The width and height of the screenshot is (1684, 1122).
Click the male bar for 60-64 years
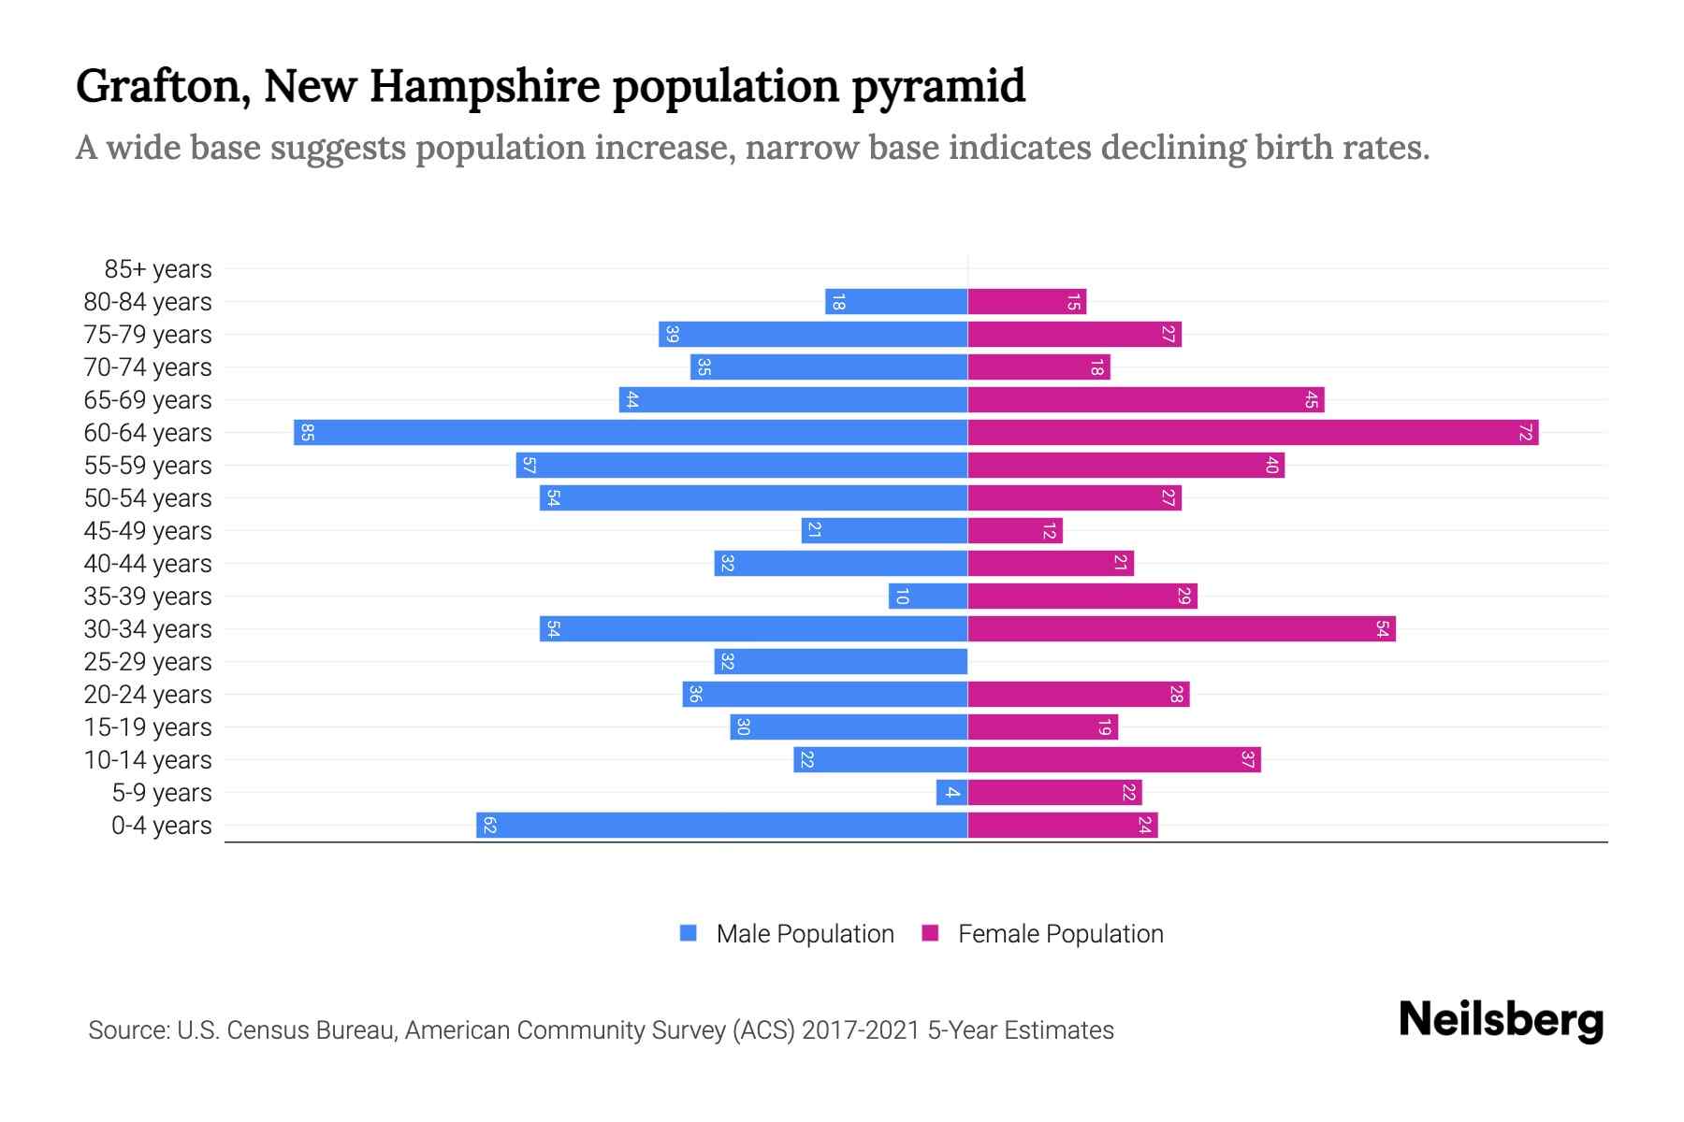[631, 432]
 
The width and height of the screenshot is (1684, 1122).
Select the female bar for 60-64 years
[1253, 432]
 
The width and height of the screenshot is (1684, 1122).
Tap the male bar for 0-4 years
[721, 825]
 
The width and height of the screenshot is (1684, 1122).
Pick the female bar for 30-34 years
[1181, 628]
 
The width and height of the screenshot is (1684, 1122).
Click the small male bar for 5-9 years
[951, 792]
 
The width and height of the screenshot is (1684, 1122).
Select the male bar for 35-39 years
[928, 596]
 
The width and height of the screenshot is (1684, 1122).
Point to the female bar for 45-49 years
[1014, 530]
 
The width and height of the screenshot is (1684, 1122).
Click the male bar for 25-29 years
[840, 661]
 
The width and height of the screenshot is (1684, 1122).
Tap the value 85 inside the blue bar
[307, 432]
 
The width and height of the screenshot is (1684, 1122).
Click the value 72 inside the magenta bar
[1525, 432]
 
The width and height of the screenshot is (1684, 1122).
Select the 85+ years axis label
[158, 269]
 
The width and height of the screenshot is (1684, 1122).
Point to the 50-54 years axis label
[148, 498]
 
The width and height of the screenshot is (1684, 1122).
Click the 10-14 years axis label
[148, 760]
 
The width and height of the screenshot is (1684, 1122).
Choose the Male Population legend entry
[804, 933]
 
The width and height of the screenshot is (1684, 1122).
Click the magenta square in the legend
[930, 933]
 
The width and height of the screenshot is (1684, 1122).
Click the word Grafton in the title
[162, 86]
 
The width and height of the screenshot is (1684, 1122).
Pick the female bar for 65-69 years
[1145, 399]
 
